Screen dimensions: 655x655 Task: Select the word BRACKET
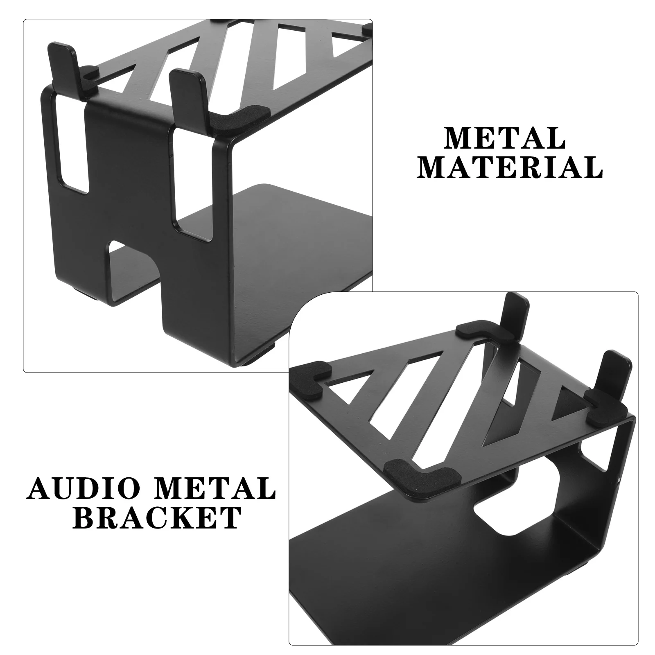point(158,517)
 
